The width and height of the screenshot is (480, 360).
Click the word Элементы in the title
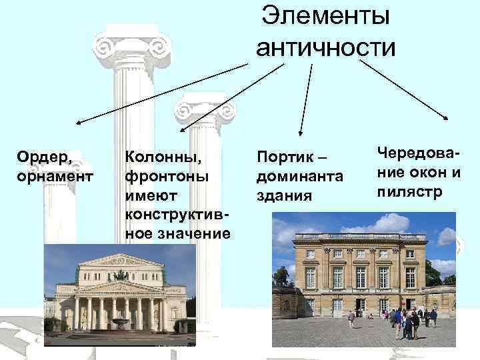[326, 15]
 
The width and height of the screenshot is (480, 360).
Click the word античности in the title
[325, 47]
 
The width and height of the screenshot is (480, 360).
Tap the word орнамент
[55, 177]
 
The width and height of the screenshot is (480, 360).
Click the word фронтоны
[161, 177]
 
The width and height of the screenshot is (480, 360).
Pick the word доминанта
[300, 178]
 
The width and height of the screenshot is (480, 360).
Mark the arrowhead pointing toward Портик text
[301, 135]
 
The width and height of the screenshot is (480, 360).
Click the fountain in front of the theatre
[121, 323]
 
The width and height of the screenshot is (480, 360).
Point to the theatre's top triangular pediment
[121, 259]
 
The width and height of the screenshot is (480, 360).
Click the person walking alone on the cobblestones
[351, 319]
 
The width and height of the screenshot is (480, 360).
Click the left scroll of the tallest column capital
[105, 47]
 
